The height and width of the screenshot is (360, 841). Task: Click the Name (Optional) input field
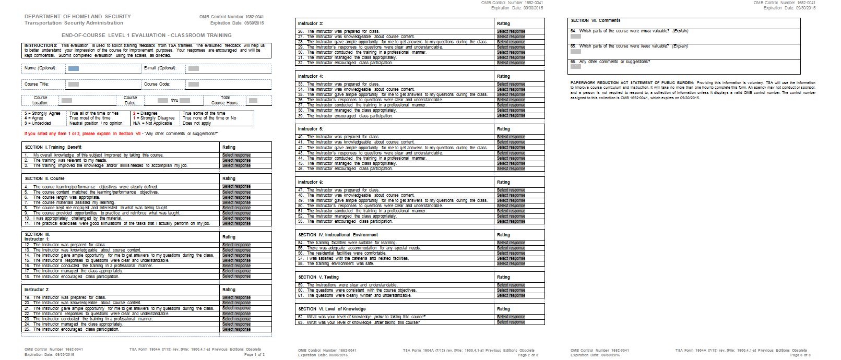pyautogui.click(x=73, y=68)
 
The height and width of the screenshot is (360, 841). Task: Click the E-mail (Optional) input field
pyautogui.click(x=193, y=68)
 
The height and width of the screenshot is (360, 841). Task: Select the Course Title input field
pyautogui.click(x=73, y=84)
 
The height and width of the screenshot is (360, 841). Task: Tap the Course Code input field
pyautogui.click(x=193, y=84)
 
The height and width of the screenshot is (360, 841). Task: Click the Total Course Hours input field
pyautogui.click(x=253, y=100)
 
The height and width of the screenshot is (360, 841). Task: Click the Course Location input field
pyautogui.click(x=66, y=100)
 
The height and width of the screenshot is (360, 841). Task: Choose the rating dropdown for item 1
pyautogui.click(x=236, y=155)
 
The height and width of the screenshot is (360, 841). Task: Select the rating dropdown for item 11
pyautogui.click(x=236, y=223)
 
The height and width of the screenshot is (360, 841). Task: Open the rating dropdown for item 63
pyautogui.click(x=511, y=322)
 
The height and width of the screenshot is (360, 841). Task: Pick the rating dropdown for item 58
pyautogui.click(x=511, y=263)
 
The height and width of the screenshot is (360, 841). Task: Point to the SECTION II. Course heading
pyautogui.click(x=45, y=178)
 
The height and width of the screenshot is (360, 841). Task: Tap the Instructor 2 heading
pyautogui.click(x=37, y=290)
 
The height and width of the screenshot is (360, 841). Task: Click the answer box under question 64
pyautogui.click(x=576, y=37)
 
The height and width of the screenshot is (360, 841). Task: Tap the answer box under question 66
pyautogui.click(x=576, y=67)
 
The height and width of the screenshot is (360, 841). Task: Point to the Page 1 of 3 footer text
pyautogui.click(x=255, y=355)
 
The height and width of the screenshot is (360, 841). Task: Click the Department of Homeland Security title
pyautogui.click(x=78, y=17)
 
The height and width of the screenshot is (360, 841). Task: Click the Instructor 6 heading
pyautogui.click(x=311, y=182)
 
